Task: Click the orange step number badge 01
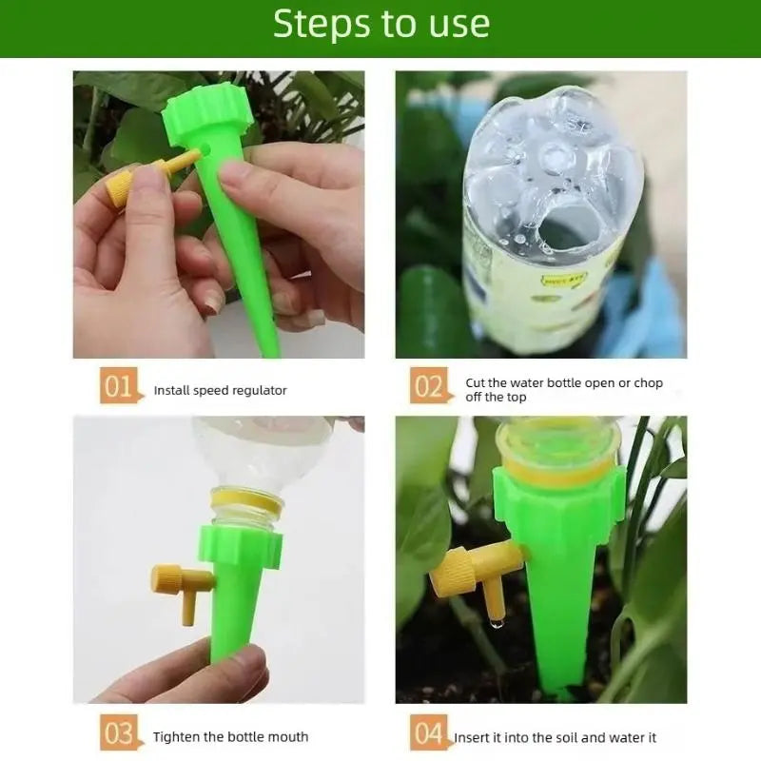click(x=119, y=387)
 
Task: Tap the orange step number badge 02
click(x=430, y=387)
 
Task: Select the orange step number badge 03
click(x=119, y=733)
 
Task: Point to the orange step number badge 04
click(x=430, y=733)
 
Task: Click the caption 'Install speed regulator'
click(x=220, y=390)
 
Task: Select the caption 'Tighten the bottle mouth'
click(x=230, y=736)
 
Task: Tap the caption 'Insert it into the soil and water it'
click(x=555, y=737)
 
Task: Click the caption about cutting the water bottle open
click(x=563, y=390)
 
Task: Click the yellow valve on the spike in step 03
click(x=176, y=581)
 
